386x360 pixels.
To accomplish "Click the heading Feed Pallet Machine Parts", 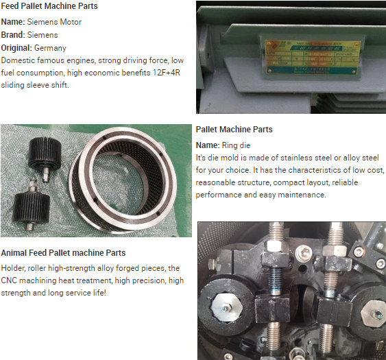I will pos(49,6).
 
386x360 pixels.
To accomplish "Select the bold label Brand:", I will pos(15,34).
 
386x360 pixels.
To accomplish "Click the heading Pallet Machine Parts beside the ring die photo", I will pos(234,130).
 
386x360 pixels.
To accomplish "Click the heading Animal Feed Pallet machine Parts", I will pos(63,252).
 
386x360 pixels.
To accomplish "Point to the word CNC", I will pos(12,280).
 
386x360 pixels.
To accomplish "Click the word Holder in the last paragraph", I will pos(16,268).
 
